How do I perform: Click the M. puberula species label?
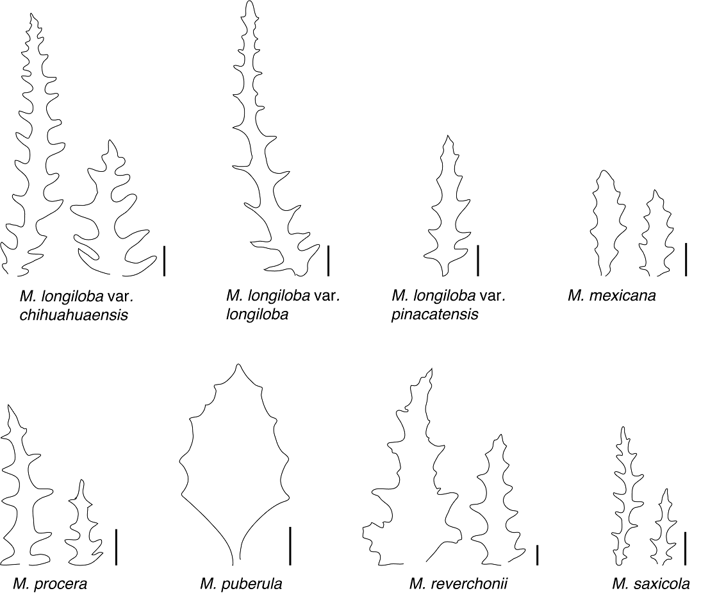[241, 584]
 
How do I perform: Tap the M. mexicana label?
[611, 296]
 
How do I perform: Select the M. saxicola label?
[650, 584]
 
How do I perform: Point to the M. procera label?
[50, 584]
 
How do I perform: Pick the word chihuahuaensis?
[74, 315]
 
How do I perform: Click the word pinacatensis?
[435, 315]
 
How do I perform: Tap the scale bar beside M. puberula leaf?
[290, 546]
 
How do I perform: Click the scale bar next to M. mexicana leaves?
[686, 259]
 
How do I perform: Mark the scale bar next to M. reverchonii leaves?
[537, 555]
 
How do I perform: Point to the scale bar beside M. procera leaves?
[116, 547]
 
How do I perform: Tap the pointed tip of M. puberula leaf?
[238, 365]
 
